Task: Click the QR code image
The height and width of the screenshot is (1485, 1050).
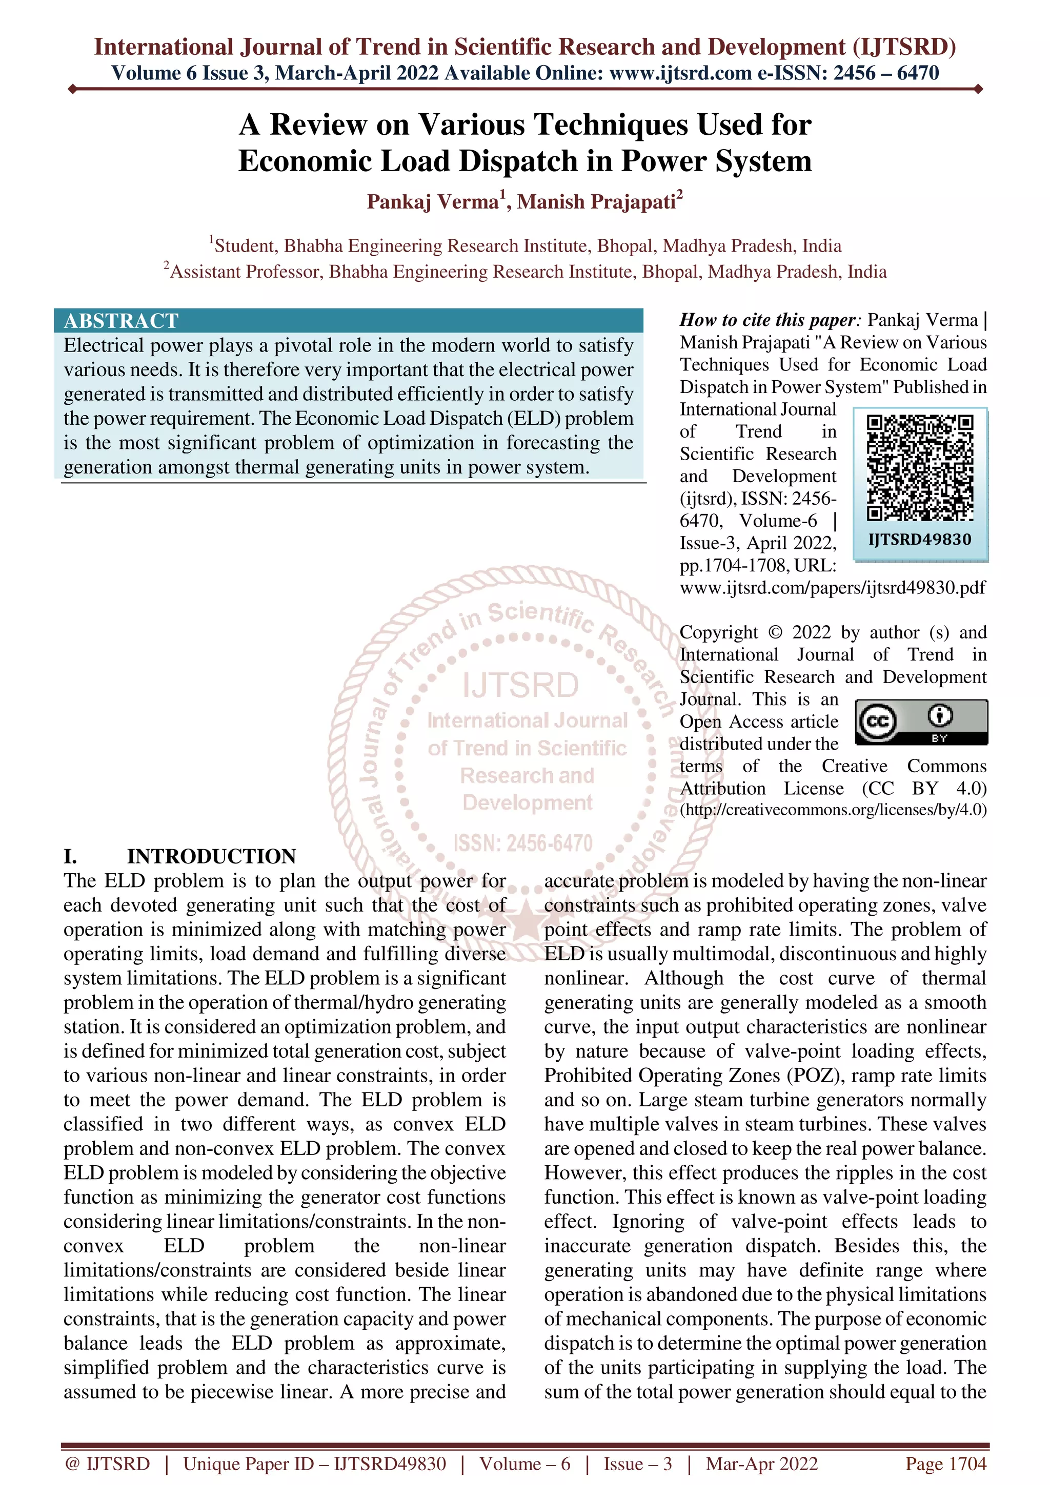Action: [919, 468]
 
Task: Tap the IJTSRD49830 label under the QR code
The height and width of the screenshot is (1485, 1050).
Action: [919, 540]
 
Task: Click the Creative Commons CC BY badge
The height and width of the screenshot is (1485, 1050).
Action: [921, 722]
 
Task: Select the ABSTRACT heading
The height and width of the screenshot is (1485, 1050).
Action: [121, 321]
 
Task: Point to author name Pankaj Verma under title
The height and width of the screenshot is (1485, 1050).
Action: [433, 202]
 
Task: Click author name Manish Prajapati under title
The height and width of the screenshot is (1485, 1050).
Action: [596, 202]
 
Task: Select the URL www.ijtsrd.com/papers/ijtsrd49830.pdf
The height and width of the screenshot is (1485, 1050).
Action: [832, 587]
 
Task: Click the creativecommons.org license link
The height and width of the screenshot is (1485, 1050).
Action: [833, 810]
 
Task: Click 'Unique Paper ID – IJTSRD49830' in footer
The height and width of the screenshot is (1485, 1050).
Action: [314, 1463]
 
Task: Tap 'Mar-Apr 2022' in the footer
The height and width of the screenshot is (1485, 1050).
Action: [761, 1463]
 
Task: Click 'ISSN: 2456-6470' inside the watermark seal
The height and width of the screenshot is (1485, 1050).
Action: [523, 843]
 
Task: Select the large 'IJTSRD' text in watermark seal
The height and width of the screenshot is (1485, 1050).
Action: [520, 686]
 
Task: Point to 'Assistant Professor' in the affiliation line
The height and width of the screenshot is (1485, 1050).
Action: [245, 272]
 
